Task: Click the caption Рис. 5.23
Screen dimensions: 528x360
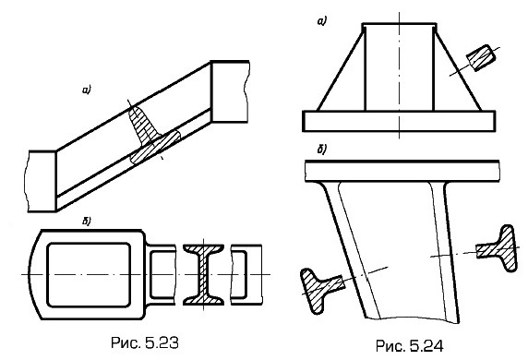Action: coord(144,342)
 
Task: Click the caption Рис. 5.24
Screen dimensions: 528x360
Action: coord(409,346)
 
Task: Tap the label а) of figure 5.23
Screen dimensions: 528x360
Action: coord(87,90)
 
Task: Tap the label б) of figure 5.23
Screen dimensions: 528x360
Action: coord(87,221)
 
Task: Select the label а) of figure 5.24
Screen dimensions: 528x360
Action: coord(322,21)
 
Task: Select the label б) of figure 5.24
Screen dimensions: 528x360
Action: coord(321,150)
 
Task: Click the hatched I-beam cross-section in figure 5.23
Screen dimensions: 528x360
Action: coord(203,275)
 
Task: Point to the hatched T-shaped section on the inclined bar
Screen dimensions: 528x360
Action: coord(153,135)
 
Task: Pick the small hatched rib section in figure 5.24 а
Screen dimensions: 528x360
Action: coord(481,57)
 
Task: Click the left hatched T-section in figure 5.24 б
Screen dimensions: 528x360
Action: coord(321,289)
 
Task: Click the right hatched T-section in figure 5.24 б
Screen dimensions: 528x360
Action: coord(499,249)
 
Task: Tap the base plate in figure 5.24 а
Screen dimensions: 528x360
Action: coord(400,121)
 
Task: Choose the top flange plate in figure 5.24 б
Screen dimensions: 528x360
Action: coord(402,171)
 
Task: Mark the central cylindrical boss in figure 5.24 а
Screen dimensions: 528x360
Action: coord(400,66)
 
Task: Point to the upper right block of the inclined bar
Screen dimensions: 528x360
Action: coord(230,91)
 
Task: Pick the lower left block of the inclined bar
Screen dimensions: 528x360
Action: coord(42,181)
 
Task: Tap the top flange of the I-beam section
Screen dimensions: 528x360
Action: coord(203,248)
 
